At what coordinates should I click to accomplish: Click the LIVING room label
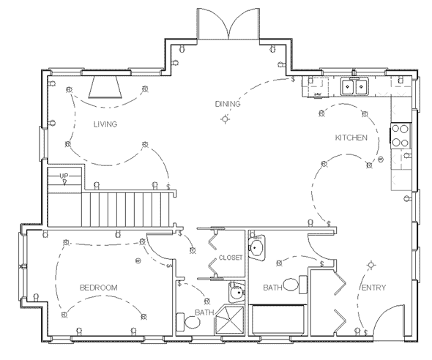pos(105,124)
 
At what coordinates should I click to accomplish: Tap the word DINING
pos(227,104)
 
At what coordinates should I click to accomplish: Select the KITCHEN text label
pos(350,138)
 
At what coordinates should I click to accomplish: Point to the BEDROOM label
pos(98,288)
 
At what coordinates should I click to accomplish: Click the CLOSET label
pos(231,258)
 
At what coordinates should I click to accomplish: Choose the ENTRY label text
pos(373,288)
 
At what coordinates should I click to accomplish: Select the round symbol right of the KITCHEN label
pos(380,159)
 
